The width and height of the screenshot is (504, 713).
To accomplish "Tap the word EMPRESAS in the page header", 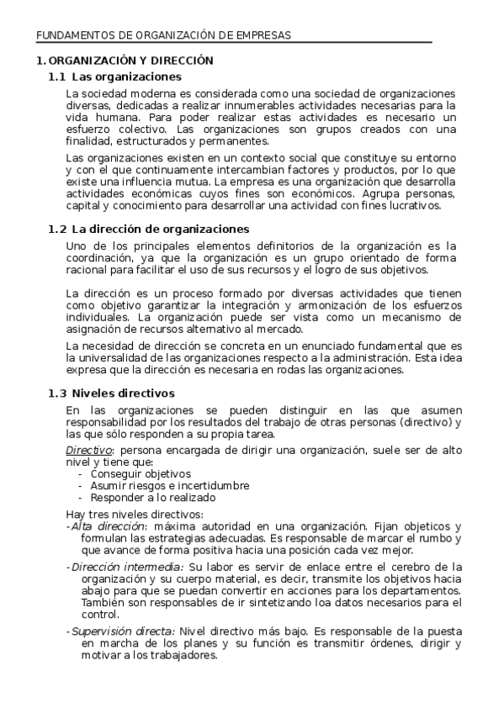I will point(262,35).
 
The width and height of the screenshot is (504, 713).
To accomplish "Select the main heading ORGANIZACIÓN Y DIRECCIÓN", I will point(131,61).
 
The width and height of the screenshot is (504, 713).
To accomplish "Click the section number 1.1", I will point(56,77).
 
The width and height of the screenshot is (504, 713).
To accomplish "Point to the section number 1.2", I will point(56,229).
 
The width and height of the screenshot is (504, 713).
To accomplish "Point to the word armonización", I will point(332,306).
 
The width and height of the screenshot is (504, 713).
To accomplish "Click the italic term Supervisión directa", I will point(123,631).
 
